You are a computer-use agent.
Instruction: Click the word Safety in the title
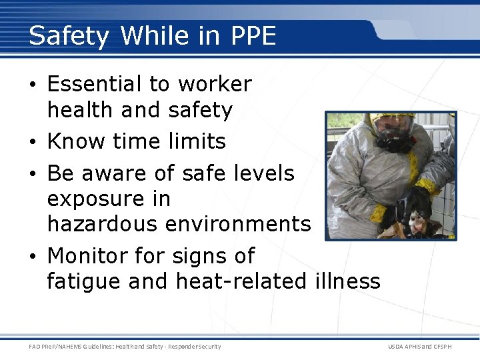tap(69, 36)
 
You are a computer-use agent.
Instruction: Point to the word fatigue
tap(83, 281)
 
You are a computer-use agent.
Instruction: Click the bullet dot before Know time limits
tap(33, 142)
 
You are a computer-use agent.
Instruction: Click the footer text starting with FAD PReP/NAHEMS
tap(125, 346)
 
